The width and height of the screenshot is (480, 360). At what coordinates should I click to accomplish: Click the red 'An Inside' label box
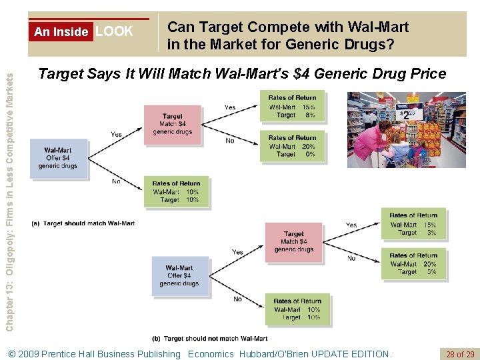tap(61, 31)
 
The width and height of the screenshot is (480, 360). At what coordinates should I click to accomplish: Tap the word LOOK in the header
tap(114, 31)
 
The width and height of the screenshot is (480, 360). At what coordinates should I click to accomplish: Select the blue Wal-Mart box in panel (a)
tap(58, 158)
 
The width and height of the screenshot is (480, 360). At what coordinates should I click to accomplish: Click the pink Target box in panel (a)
tap(172, 123)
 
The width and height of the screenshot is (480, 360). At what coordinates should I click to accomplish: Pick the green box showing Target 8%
tap(291, 106)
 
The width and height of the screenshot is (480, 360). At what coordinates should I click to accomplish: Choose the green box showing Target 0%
tap(291, 146)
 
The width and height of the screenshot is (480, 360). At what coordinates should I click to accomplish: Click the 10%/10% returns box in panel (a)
tap(176, 191)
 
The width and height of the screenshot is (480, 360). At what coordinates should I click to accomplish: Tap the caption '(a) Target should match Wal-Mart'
tap(89, 223)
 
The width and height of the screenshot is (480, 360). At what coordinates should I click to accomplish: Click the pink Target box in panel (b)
tap(294, 242)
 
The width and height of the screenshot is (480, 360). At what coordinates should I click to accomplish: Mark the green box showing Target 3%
tap(413, 224)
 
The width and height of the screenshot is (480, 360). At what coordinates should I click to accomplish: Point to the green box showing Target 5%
tap(413, 264)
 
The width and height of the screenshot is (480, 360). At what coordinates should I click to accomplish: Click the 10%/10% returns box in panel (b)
tap(297, 309)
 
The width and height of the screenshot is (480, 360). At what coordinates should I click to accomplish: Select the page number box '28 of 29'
tap(459, 354)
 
